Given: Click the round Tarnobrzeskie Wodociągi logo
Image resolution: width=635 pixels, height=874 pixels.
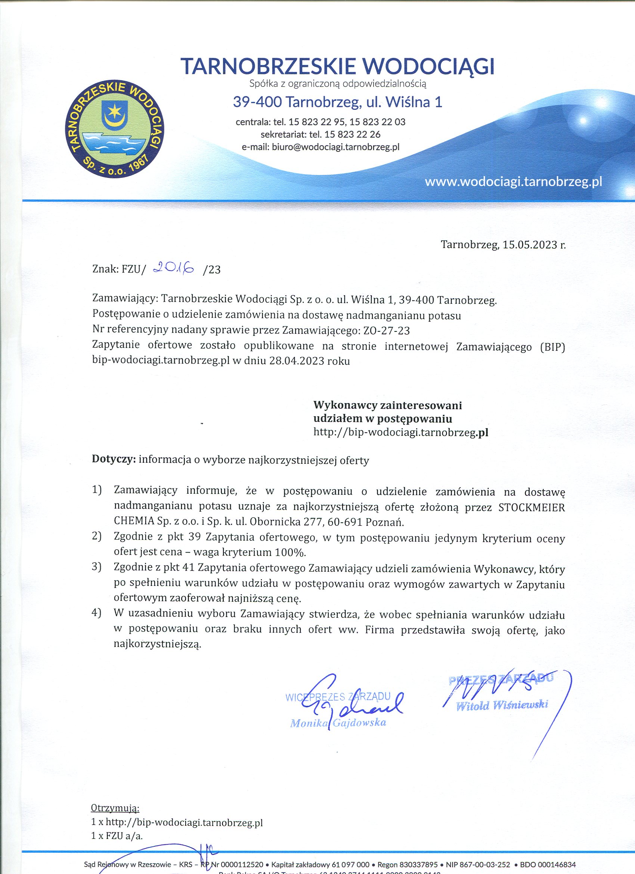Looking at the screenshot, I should [115, 130].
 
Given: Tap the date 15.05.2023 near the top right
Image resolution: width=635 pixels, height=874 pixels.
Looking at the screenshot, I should [530, 245].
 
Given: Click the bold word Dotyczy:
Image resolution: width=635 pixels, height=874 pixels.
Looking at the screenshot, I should [114, 460].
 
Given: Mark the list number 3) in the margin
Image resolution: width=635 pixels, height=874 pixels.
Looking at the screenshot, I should [96, 567].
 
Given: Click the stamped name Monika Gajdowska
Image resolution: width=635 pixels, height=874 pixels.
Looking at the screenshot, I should [338, 723].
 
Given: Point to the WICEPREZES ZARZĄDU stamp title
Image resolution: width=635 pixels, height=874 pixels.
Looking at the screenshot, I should [338, 697].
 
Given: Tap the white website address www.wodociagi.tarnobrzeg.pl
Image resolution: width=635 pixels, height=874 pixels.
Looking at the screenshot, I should [513, 182].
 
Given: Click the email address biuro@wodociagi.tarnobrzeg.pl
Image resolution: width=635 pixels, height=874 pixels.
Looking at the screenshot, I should [335, 147].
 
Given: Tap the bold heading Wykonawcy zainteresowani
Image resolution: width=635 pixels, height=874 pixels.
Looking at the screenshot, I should [387, 405].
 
